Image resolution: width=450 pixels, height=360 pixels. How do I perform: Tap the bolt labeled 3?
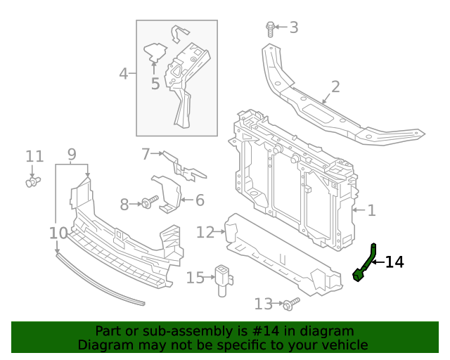click(270, 29)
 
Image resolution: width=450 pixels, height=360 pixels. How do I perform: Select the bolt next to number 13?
click(291, 304)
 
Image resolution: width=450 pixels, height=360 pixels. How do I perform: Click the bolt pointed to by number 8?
click(150, 202)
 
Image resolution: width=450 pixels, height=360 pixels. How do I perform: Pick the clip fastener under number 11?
click(33, 181)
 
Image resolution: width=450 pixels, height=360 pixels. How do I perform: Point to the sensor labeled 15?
click(223, 280)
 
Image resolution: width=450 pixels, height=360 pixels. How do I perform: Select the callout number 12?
click(205, 232)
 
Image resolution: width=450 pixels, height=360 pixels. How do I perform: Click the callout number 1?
click(372, 210)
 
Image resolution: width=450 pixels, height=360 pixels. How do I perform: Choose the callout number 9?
click(72, 155)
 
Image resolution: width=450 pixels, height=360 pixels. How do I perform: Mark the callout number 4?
click(124, 74)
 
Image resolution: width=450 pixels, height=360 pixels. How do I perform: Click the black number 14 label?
click(394, 262)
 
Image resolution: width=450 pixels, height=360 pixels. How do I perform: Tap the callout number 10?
click(58, 233)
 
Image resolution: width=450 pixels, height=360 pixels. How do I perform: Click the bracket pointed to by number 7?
click(184, 166)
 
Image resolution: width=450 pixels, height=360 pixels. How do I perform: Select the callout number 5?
click(155, 84)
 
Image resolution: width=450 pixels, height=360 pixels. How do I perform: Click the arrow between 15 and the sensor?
click(210, 277)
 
